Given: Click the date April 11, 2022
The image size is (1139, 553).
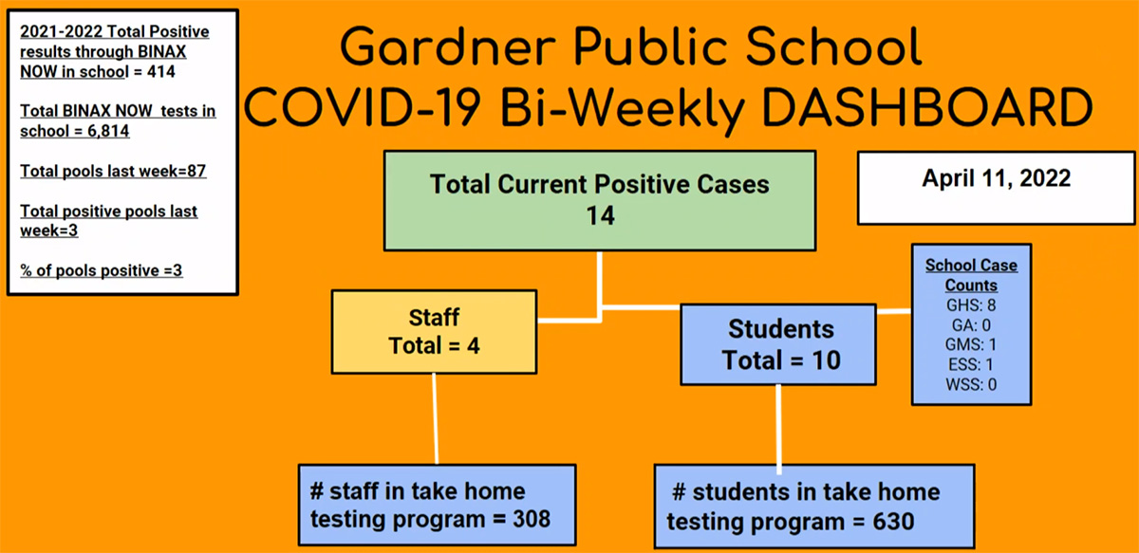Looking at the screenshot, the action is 996,178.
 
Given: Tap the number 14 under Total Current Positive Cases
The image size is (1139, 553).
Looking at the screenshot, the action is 601,215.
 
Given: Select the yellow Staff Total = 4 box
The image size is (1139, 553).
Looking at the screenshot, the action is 435,332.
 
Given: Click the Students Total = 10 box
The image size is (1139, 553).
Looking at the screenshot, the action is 778,344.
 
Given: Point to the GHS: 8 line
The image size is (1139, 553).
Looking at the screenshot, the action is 971,305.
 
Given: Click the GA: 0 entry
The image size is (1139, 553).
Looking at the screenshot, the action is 971,324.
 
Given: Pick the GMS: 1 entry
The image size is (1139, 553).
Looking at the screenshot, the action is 971,344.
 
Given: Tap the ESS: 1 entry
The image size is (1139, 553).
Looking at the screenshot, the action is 971,364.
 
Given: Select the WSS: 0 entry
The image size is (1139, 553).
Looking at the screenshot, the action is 971,384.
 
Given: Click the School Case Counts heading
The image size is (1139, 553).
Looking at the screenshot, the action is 971,275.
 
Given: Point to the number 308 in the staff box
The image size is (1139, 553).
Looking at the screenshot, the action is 532,519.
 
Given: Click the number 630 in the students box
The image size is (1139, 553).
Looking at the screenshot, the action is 893,522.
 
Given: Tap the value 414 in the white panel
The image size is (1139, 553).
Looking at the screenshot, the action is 161,72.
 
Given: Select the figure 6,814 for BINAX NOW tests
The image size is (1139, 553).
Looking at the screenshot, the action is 108,131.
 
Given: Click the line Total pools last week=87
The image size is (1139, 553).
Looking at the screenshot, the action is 113,171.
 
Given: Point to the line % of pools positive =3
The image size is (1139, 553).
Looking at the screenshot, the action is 102,270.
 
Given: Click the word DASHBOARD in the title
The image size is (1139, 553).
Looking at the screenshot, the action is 927,107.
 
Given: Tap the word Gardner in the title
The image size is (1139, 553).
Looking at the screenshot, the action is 448,46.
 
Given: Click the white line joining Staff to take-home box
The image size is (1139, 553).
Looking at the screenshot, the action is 436,419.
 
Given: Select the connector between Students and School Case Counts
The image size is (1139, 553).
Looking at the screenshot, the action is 894,311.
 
